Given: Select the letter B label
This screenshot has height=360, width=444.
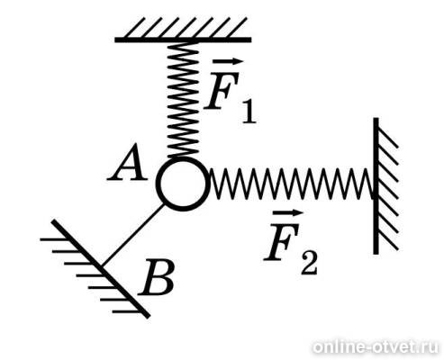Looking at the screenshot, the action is point(157,276).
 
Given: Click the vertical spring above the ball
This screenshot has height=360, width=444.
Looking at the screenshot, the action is point(183,100).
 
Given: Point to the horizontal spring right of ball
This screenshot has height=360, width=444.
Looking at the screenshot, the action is point(291,184).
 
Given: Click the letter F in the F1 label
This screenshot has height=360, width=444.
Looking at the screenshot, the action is point(222,90).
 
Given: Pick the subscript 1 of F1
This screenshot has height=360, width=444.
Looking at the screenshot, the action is point(249,112).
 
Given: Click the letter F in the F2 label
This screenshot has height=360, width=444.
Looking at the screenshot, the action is point(282,241).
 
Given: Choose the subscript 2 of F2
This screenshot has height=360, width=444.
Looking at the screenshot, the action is point(309,265).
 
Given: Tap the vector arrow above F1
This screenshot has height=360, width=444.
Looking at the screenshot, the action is point(228,62).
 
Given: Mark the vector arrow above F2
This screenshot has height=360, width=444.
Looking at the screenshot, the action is point(287,213).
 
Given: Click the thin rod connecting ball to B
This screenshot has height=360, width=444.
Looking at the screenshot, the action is point(133,235).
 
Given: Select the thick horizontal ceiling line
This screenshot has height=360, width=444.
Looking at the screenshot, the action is point(183,40).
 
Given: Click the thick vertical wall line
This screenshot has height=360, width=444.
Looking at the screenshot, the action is point(376,186).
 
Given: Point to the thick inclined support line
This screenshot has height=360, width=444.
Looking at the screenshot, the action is point(101,269).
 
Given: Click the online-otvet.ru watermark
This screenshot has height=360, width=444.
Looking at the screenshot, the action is point(376,347).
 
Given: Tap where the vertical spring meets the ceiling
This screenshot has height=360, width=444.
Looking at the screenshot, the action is point(183,42).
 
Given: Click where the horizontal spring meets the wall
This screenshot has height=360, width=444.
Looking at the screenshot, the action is point(373,184).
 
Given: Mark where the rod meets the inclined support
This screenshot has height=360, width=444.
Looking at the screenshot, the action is point(103,265).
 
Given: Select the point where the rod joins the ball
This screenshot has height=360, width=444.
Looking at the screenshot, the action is point(164,204).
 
